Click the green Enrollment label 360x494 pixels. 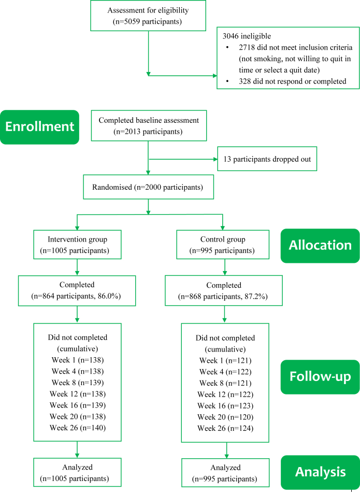[x=39, y=127]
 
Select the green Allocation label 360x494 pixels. [x=320, y=245]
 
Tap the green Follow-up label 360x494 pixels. [x=320, y=377]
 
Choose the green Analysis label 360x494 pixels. [x=320, y=472]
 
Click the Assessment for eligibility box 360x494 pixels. [x=148, y=16]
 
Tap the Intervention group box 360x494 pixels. [x=77, y=245]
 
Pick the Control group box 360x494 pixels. [x=223, y=245]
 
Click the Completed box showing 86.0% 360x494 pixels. [x=77, y=290]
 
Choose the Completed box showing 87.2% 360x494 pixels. [x=224, y=290]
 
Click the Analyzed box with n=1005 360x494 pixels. [x=77, y=472]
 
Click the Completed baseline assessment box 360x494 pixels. [x=148, y=125]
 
